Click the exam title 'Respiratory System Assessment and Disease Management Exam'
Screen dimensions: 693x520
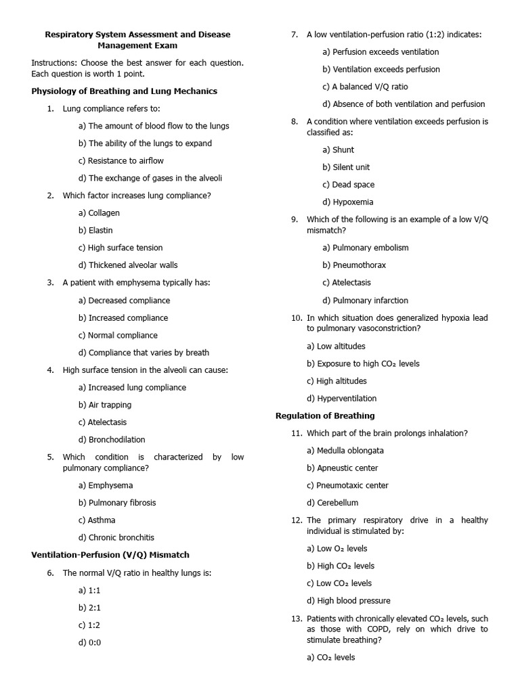[137, 40]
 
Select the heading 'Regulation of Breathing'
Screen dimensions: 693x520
[325, 416]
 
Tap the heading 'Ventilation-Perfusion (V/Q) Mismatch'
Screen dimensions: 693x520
[110, 555]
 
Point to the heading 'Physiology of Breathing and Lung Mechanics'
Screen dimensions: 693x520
[125, 91]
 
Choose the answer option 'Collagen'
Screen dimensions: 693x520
[99, 213]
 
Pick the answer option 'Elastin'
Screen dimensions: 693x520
[95, 230]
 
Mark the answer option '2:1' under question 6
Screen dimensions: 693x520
[89, 608]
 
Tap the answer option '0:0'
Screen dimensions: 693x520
[89, 643]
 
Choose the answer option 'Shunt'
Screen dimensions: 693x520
[339, 150]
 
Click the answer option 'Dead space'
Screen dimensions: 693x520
[348, 185]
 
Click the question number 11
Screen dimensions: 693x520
[297, 433]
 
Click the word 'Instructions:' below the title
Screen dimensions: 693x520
[53, 63]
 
